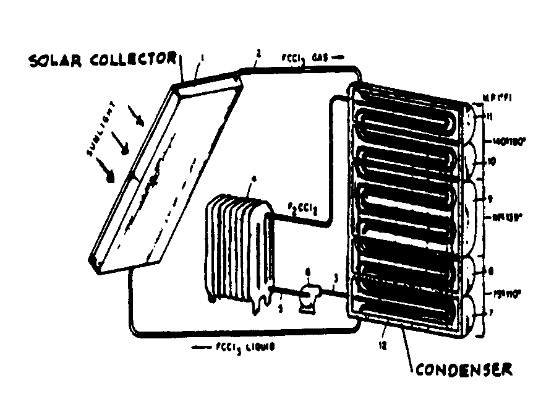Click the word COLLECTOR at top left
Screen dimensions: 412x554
pos(131,60)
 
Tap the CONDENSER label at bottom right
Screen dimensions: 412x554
pos(464,370)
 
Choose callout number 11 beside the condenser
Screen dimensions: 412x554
pos(489,116)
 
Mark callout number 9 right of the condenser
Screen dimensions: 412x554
pos(490,199)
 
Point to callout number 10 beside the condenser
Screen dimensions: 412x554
pos(490,161)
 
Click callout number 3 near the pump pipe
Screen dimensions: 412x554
pos(334,279)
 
